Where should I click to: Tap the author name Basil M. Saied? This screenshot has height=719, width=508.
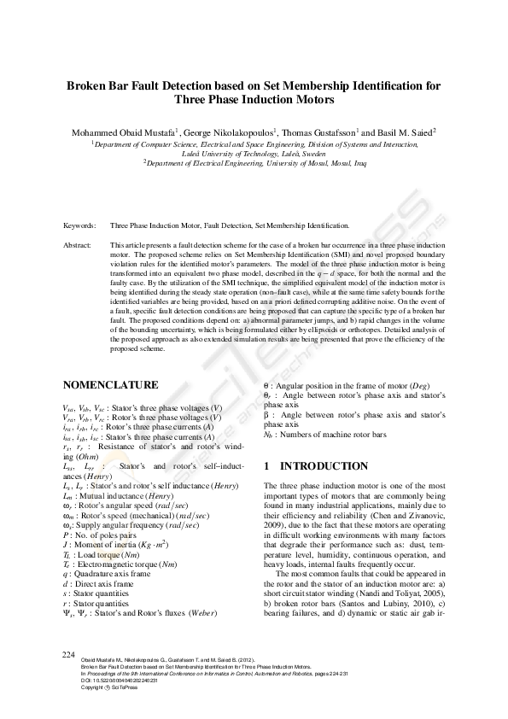(x=408, y=133)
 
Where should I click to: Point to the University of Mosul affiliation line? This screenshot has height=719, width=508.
(x=253, y=161)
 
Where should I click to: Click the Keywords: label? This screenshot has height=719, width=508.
(x=79, y=225)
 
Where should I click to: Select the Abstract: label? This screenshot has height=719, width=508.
(x=78, y=245)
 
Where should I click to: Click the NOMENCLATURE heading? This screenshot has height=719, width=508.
(x=110, y=385)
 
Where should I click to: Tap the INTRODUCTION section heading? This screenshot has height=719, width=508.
(x=321, y=467)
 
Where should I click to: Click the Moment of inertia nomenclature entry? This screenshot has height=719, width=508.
(x=112, y=542)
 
